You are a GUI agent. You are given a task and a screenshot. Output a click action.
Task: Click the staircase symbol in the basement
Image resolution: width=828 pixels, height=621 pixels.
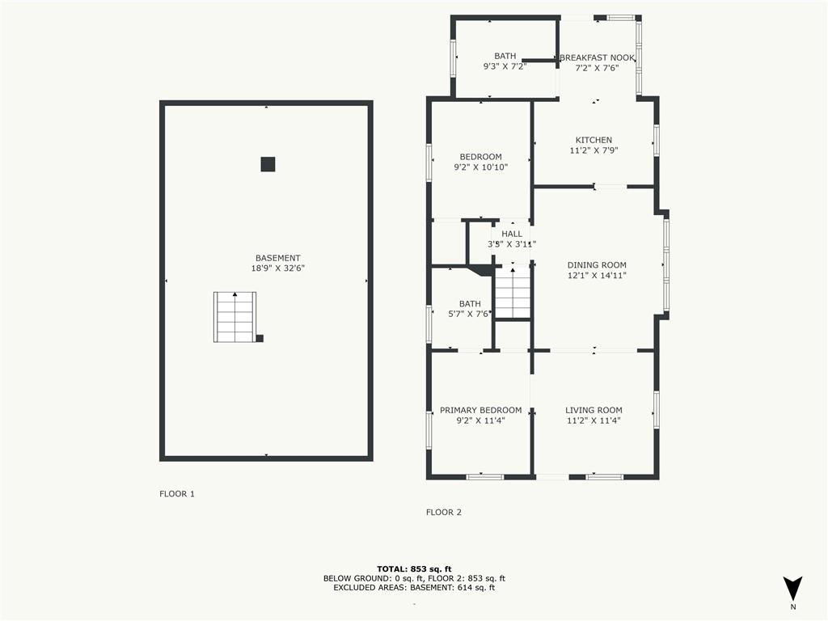(234, 317)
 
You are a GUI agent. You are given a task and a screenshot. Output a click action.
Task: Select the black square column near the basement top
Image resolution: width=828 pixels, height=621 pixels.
(268, 164)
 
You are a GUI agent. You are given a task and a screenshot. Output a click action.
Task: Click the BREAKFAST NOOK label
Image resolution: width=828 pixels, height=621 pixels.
(597, 57)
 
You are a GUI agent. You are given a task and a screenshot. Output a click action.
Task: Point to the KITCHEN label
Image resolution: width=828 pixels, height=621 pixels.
(594, 140)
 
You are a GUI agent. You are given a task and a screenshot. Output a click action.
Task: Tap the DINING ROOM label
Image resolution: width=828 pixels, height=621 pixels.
(597, 264)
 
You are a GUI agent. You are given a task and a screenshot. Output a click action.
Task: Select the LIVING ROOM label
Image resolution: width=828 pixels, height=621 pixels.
(594, 410)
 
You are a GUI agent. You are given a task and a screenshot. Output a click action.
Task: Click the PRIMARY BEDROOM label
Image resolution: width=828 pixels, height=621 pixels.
(480, 410)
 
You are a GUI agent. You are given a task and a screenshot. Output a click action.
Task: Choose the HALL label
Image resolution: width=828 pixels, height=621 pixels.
(512, 234)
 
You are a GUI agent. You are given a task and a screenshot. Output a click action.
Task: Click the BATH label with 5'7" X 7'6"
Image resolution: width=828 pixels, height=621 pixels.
(470, 304)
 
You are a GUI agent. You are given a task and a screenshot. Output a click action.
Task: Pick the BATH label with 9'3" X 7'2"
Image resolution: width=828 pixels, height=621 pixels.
(505, 56)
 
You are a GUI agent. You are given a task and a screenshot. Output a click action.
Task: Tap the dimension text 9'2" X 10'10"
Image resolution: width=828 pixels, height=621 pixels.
(480, 167)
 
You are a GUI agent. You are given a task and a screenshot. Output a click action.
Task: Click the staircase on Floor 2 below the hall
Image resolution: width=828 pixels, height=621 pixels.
(512, 292)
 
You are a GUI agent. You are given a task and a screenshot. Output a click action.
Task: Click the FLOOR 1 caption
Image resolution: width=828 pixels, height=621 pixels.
(177, 493)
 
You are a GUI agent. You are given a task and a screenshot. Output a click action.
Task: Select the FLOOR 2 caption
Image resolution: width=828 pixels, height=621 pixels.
(444, 512)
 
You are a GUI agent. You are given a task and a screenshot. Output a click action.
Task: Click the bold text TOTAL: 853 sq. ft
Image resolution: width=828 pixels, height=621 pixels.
(414, 568)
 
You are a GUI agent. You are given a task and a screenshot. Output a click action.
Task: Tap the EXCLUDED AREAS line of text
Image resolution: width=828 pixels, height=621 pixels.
(414, 588)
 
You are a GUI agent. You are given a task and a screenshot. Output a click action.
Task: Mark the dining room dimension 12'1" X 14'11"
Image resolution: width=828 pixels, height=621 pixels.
(597, 276)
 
